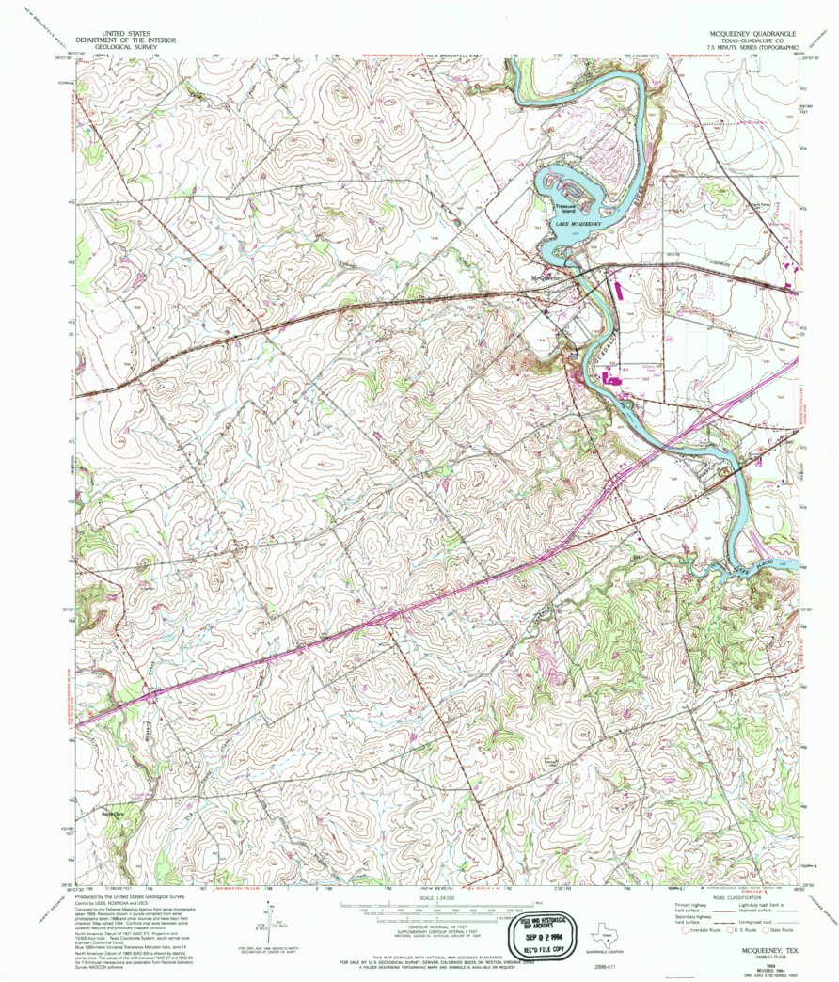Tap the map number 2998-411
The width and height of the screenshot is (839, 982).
click(x=606, y=966)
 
